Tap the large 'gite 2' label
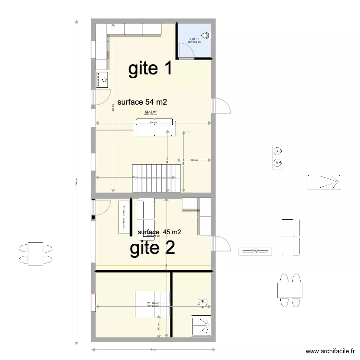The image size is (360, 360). pyautogui.click(x=152, y=248)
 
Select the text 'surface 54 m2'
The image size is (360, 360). pyautogui.click(x=142, y=102)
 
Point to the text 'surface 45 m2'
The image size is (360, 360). pyautogui.click(x=159, y=232)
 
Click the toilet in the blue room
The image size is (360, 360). pyautogui.click(x=206, y=35)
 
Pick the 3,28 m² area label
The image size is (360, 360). pyautogui.click(x=194, y=39)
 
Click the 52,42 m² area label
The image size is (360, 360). pyautogui.click(x=151, y=112)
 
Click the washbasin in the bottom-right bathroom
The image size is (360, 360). pyautogui.click(x=203, y=303)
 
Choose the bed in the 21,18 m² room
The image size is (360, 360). pyautogui.click(x=152, y=304)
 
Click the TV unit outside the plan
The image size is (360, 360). pyautogui.click(x=256, y=251)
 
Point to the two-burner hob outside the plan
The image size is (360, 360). pyautogui.click(x=277, y=157)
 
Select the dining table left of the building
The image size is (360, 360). pyautogui.click(x=35, y=254)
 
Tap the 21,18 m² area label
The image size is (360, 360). pyautogui.click(x=153, y=303)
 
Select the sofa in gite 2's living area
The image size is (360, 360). pyautogui.click(x=145, y=217)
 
